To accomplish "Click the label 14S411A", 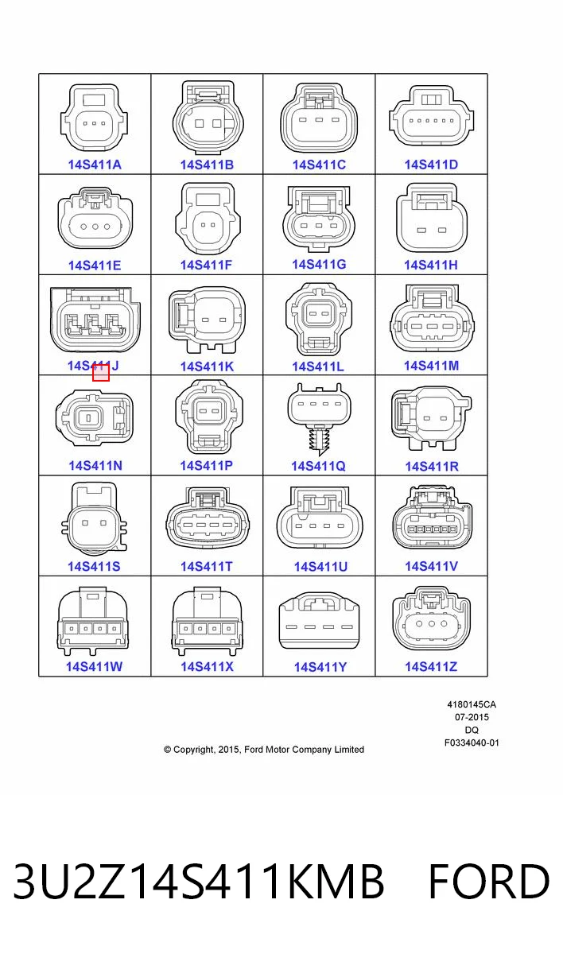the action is pyautogui.click(x=95, y=165).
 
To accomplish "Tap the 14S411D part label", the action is pyautogui.click(x=431, y=165).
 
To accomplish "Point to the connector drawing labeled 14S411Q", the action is pyautogui.click(x=320, y=419).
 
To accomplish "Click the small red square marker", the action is pyautogui.click(x=101, y=373).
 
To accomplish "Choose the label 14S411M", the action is pyautogui.click(x=431, y=366).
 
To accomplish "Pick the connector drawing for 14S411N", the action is pyautogui.click(x=95, y=417).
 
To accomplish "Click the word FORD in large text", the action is pyautogui.click(x=488, y=882).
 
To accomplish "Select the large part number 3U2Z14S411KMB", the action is pyautogui.click(x=199, y=882).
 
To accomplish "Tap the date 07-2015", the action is pyautogui.click(x=472, y=717).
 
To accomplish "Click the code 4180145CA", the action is pyautogui.click(x=472, y=704).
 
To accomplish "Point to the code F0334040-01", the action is pyautogui.click(x=472, y=743).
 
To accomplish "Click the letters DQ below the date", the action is pyautogui.click(x=472, y=730).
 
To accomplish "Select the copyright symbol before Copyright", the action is pyautogui.click(x=167, y=750).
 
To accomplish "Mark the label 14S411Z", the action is pyautogui.click(x=431, y=666).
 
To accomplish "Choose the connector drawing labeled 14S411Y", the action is pyautogui.click(x=319, y=619).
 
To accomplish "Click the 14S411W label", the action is pyautogui.click(x=94, y=666).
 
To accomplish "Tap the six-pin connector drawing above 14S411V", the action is pyautogui.click(x=432, y=517).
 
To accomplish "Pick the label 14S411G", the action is pyautogui.click(x=319, y=265).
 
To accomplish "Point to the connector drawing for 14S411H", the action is pyautogui.click(x=432, y=218).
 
